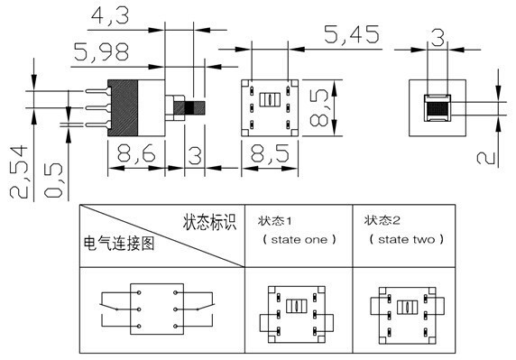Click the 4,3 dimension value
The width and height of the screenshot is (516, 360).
pyautogui.click(x=107, y=15)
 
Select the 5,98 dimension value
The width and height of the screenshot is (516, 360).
pyautogui.click(x=102, y=52)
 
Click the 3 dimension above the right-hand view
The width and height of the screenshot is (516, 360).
pyautogui.click(x=438, y=37)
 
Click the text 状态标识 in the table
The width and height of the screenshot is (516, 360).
pyautogui.click(x=208, y=221)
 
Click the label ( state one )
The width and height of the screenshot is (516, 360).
pyautogui.click(x=299, y=240)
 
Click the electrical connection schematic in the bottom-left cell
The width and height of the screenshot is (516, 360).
pyautogui.click(x=159, y=309)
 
